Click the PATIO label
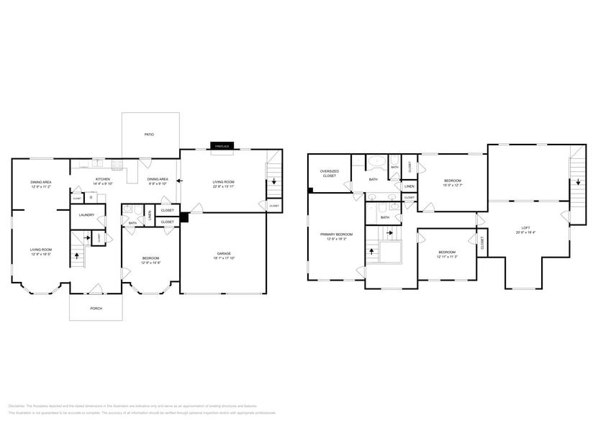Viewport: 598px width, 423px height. point(149,135)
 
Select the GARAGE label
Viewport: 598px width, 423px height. point(224,253)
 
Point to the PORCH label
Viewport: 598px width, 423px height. point(96,308)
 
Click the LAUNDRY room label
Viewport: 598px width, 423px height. point(87,214)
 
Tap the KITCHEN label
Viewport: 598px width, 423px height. point(103,178)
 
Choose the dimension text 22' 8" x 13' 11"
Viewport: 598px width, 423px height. point(223,187)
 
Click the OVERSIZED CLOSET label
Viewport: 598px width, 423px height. point(330,173)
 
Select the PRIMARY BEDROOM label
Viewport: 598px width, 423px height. point(336,234)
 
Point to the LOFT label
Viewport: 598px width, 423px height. point(525,228)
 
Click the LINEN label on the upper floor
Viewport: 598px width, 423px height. point(409,186)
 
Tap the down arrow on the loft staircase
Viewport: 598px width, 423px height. point(577,182)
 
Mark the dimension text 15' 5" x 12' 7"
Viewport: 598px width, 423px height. point(452,186)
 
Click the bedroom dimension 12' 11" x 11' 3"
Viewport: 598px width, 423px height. point(447,257)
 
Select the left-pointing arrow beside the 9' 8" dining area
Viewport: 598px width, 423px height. point(179,181)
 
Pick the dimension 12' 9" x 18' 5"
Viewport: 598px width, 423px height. point(40,255)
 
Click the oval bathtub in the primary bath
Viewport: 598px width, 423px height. point(376,162)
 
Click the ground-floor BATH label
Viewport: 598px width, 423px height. point(132,223)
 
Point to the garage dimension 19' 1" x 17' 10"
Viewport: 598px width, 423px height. point(224,258)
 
